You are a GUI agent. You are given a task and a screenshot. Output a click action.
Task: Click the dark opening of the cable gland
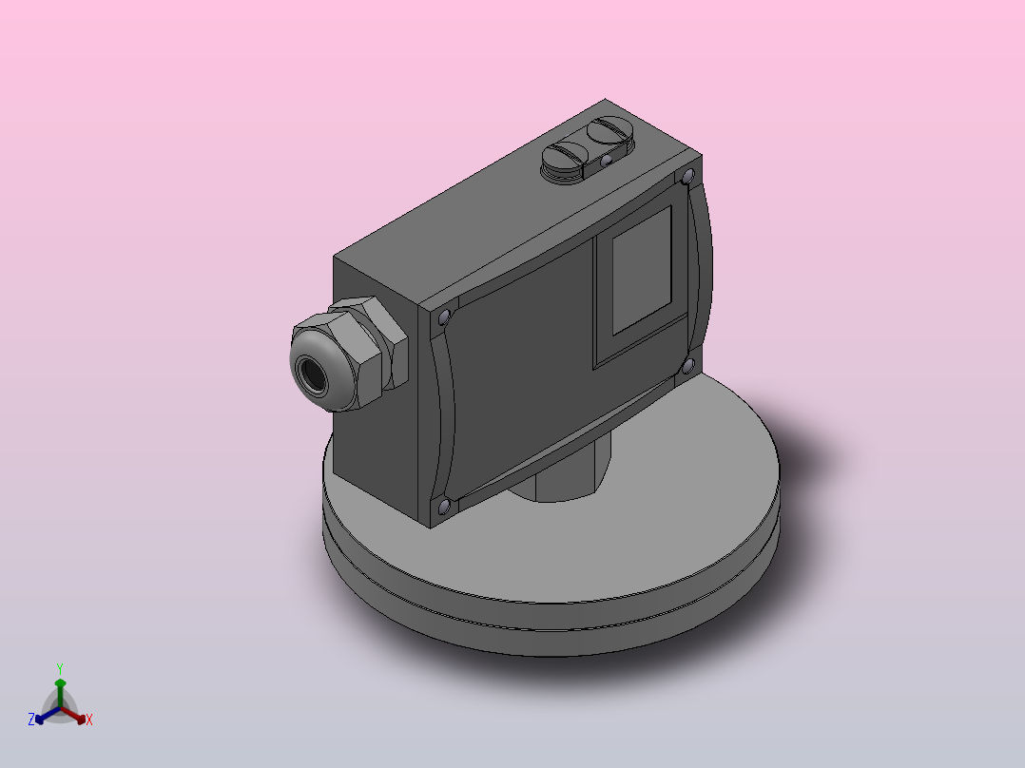click(312, 373)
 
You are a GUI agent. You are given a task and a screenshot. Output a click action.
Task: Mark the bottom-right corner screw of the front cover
click(687, 366)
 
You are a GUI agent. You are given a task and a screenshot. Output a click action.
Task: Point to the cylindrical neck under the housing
click(561, 480)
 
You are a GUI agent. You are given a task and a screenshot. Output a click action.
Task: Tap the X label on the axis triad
click(88, 720)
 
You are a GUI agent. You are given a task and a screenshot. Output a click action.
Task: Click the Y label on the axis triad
click(60, 668)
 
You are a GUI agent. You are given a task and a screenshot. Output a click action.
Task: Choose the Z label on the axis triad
click(31, 720)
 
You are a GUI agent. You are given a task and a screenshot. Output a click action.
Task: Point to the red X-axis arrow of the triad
click(76, 716)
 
